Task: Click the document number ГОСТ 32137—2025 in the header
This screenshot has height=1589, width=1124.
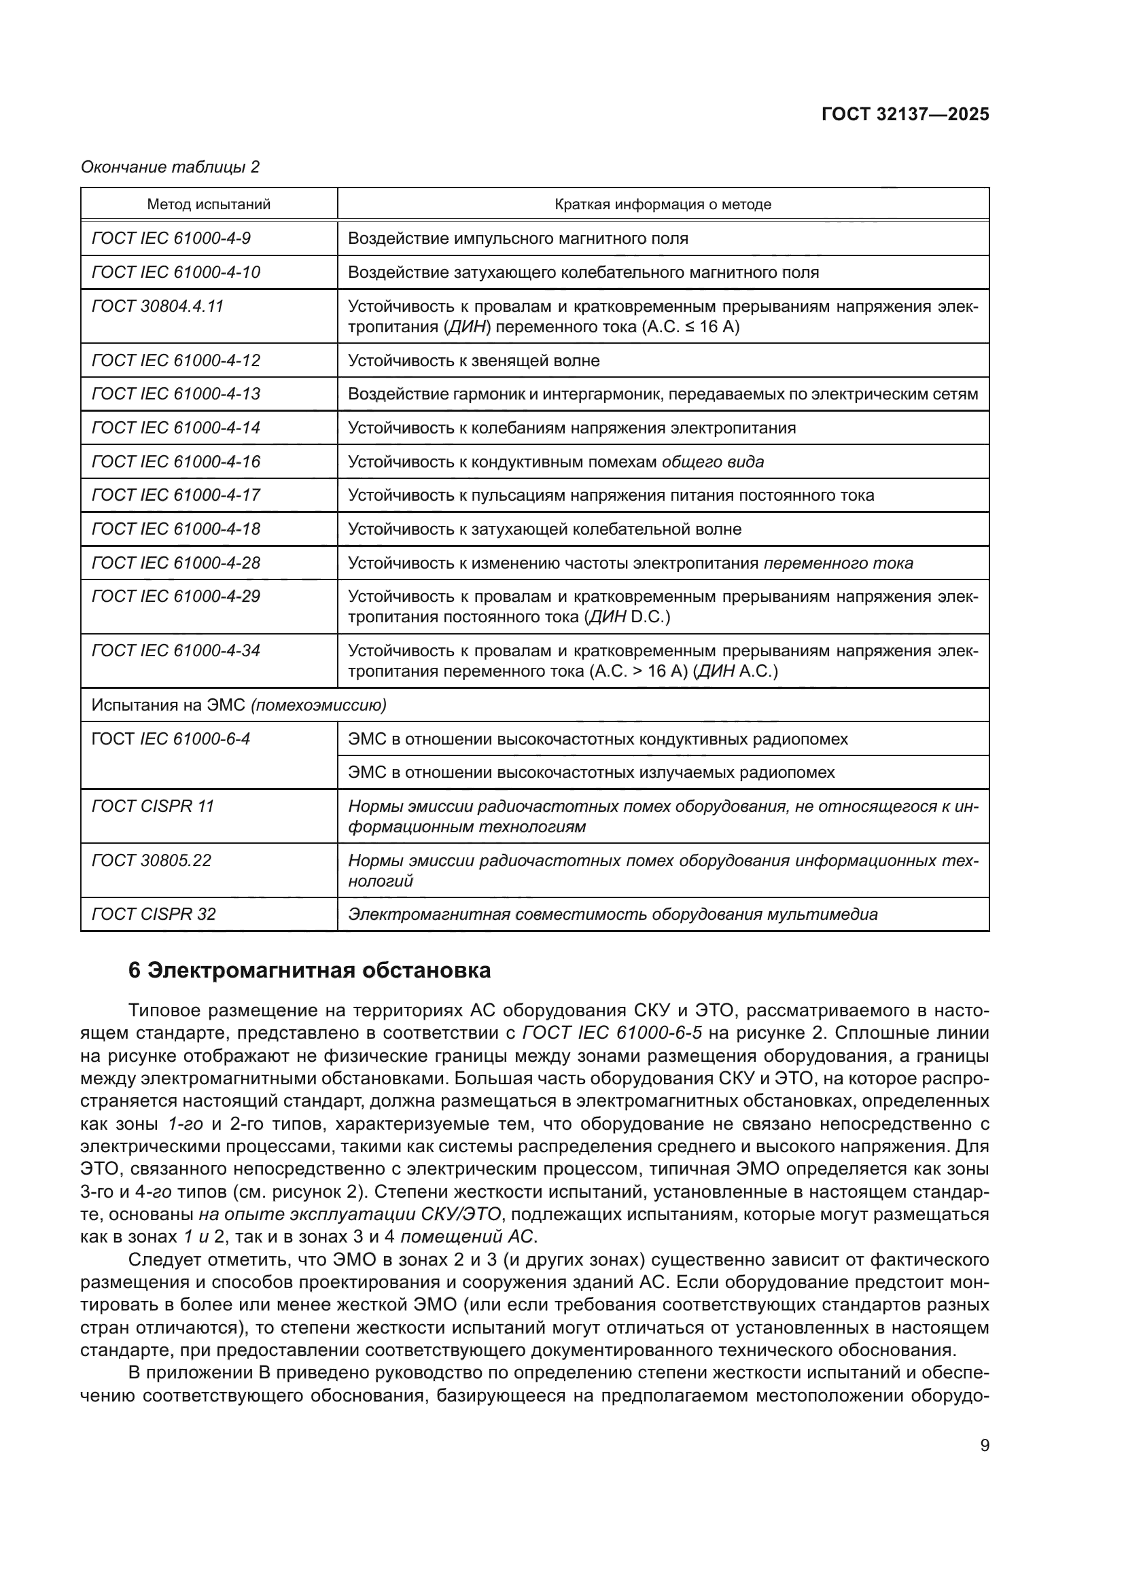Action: [905, 114]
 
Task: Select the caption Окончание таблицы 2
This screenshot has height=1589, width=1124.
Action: [171, 167]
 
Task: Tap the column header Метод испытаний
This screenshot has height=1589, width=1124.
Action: [209, 204]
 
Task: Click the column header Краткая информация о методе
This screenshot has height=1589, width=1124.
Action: [663, 204]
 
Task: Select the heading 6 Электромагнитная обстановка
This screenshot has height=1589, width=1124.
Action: [309, 970]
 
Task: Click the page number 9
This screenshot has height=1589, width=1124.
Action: [984, 1445]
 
